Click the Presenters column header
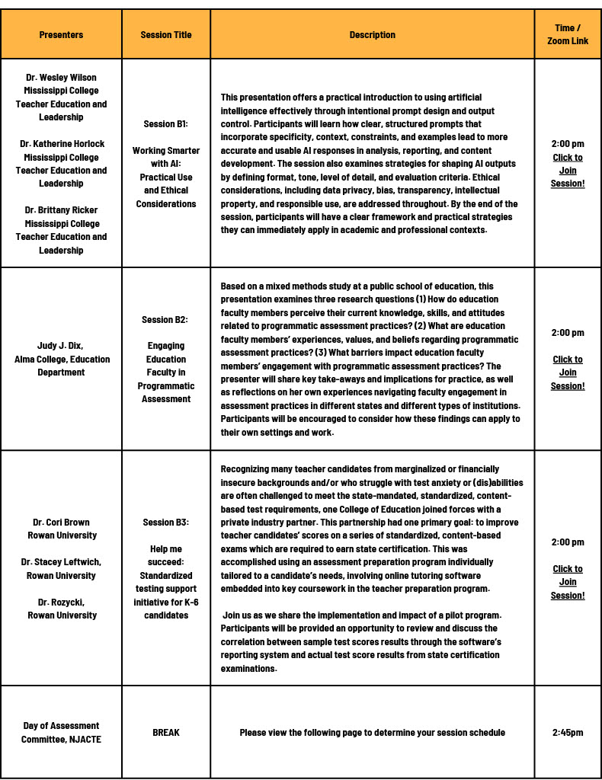click(61, 35)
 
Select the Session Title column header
click(166, 35)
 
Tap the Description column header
click(372, 35)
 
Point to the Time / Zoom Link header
click(568, 34)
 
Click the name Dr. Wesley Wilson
click(61, 78)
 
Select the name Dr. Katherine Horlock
click(61, 144)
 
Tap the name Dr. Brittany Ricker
click(61, 210)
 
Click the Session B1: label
click(166, 124)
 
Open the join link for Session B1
click(568, 171)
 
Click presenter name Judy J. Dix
click(60, 346)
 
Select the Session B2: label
click(166, 320)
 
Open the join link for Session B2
click(568, 372)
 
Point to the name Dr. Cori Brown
click(61, 523)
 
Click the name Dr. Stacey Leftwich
click(61, 562)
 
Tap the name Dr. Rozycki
click(61, 603)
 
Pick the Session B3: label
click(166, 523)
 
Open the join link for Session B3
click(568, 582)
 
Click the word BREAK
click(166, 733)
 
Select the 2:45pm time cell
click(568, 733)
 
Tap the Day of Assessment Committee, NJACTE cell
click(61, 733)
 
